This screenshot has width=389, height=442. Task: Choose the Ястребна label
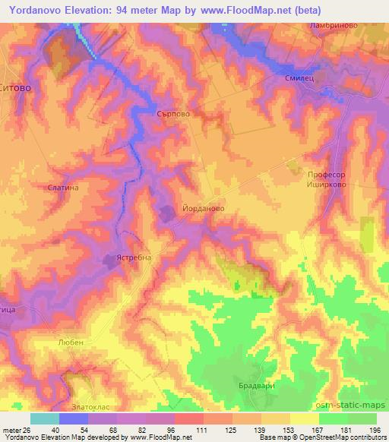(133, 257)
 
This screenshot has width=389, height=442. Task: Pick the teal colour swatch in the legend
(45, 418)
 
